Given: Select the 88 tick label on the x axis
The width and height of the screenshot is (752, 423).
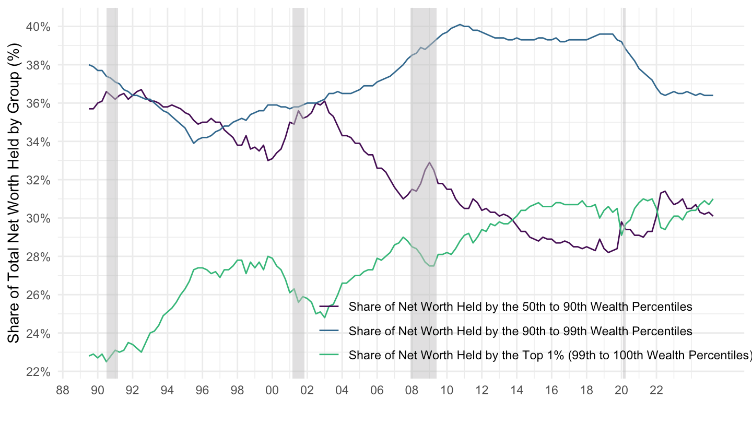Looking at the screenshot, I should (x=63, y=389).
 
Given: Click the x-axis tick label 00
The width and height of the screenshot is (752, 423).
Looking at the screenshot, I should (x=272, y=389).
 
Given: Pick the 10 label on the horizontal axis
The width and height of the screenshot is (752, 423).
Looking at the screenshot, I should (x=446, y=389).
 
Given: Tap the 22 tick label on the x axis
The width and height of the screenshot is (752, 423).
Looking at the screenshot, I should (x=656, y=389).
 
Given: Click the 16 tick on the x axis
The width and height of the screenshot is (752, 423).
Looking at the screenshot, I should (x=551, y=389).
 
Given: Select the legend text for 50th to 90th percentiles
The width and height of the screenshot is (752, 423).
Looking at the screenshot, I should (x=520, y=307).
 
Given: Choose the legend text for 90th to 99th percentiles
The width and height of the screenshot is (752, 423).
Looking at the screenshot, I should (x=520, y=331).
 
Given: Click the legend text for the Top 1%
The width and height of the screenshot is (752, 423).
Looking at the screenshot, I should (x=550, y=356).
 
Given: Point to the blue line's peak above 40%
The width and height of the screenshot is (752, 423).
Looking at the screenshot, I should (x=460, y=24).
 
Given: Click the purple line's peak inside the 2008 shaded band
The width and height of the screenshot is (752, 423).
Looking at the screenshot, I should (x=429, y=162).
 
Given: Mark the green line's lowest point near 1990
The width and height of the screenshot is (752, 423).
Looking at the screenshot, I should (x=107, y=362).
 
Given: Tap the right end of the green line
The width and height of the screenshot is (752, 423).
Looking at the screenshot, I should (x=713, y=199).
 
